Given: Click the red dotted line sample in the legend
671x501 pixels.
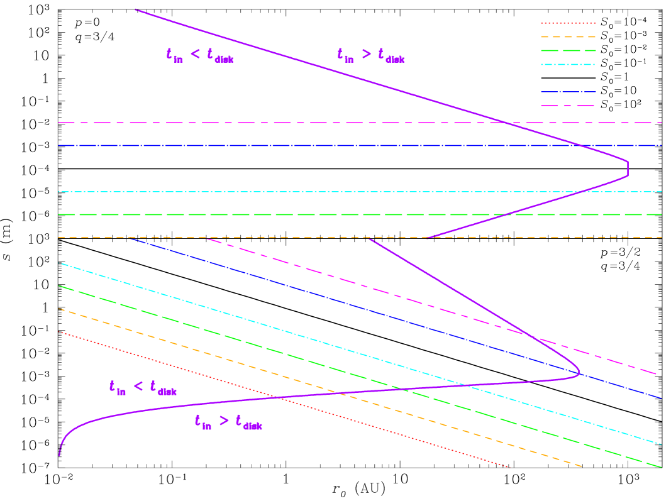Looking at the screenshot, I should point(568,23).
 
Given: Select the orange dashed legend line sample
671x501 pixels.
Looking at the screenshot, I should point(568,37).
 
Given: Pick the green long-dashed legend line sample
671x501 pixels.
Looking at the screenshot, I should point(568,51).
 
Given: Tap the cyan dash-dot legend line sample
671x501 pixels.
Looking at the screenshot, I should point(568,64).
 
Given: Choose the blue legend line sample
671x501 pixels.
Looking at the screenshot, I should point(568,92).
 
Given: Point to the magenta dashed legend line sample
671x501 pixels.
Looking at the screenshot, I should point(568,106).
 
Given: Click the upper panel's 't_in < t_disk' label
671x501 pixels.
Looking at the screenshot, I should point(200,55).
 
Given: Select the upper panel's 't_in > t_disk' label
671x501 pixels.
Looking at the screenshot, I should point(371,55).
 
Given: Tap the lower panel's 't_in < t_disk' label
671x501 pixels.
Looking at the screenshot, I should point(143,388).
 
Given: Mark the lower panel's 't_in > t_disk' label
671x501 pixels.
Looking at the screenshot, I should point(228,422).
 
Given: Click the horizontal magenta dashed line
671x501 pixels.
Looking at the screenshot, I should point(252,123).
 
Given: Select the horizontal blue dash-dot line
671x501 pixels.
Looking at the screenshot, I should point(252,146).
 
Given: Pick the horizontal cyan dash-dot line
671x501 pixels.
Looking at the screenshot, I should point(252,192).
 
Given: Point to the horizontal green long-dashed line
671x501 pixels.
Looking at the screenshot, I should point(252,215).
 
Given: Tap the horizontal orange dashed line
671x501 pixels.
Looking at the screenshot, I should point(252,238).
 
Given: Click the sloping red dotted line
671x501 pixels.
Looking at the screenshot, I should point(283,399).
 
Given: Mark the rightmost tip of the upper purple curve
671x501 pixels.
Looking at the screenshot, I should point(628,168).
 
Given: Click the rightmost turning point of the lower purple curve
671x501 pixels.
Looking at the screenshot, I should point(579,373).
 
